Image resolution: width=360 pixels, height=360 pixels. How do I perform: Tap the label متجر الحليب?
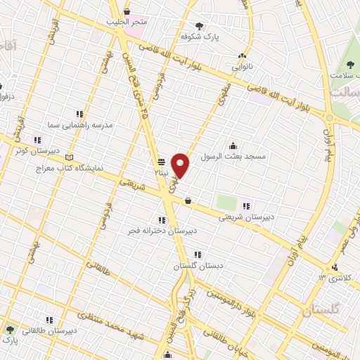click(x=127, y=22)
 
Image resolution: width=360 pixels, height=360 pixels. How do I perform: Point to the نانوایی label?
click(x=243, y=67)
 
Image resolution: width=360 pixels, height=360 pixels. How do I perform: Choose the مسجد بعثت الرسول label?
click(x=233, y=155)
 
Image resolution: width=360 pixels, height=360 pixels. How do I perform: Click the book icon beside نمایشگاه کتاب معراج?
click(x=67, y=157)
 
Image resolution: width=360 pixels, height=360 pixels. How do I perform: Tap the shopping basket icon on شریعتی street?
click(x=188, y=202)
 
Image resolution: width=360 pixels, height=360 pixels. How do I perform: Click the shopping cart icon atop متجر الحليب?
click(x=127, y=12)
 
